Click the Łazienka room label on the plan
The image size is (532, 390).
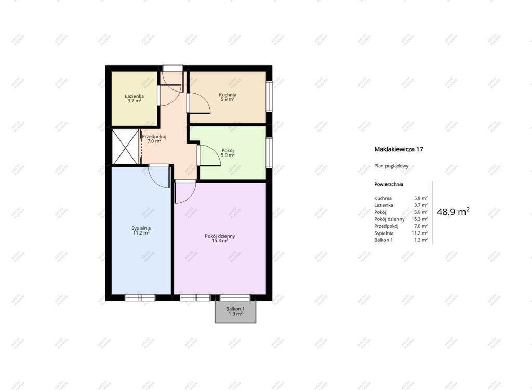point(134,96)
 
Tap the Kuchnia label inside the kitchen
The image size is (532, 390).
point(228,95)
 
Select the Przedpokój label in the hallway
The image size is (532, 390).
point(154,137)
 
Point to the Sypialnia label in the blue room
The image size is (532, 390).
point(141,228)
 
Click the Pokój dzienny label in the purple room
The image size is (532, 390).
point(220,236)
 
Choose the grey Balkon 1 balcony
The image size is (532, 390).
point(235,311)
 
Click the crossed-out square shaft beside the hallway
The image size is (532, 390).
point(125,147)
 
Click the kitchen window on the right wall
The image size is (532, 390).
point(269,96)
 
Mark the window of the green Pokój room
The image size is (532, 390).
point(269,152)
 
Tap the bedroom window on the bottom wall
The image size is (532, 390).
point(140,297)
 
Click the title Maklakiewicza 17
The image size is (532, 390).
point(398,149)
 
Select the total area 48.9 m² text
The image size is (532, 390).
point(453,212)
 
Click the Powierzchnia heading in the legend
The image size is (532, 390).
point(389,184)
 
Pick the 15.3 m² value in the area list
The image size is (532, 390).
point(419,219)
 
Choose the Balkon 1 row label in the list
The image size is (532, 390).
point(383,240)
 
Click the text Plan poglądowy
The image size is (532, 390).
point(391,166)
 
